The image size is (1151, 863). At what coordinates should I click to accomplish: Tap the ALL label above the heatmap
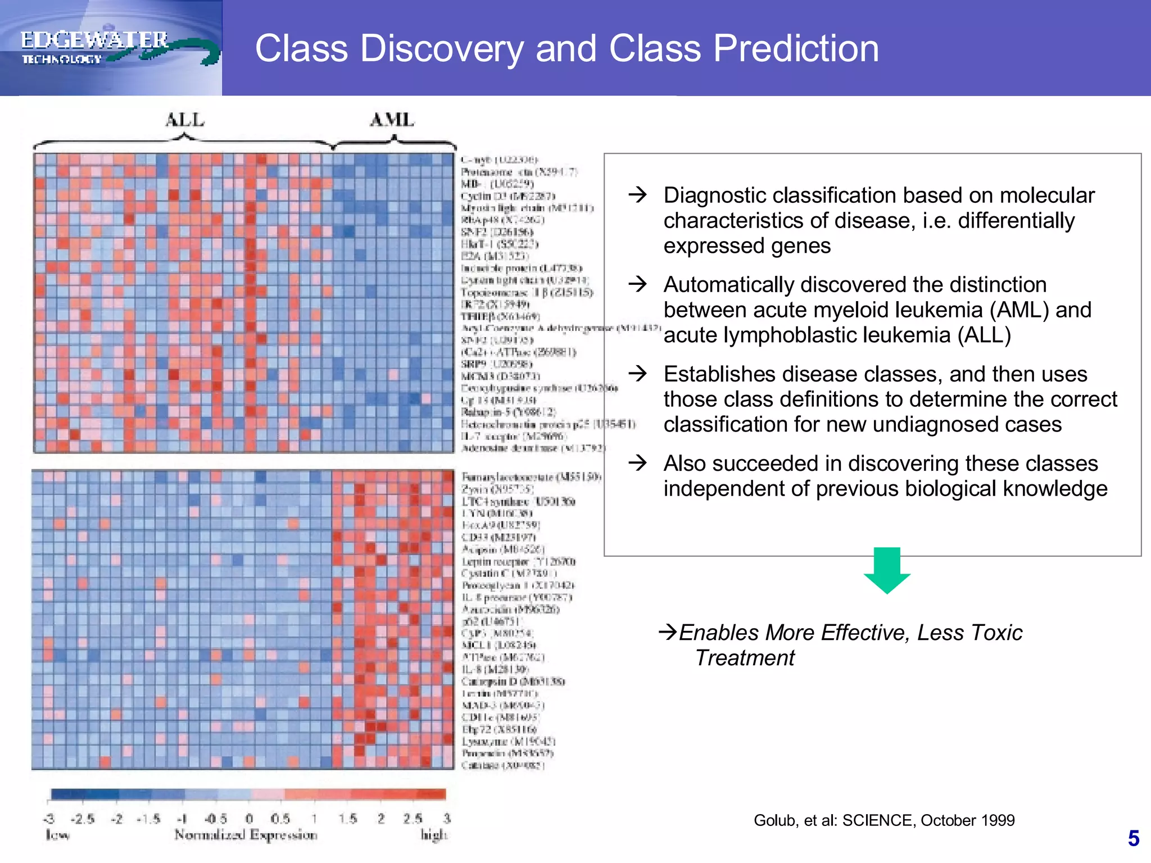tap(185, 120)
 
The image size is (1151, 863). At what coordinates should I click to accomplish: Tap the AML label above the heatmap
tap(392, 120)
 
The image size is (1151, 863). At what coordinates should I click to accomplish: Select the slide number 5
tap(1133, 839)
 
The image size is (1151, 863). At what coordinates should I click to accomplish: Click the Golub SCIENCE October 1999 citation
tap(883, 820)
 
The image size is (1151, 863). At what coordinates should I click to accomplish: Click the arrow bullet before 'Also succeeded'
tap(638, 463)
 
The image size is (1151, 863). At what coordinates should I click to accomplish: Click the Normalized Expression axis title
tap(246, 835)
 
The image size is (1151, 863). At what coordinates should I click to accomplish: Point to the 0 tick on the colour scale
tap(249, 819)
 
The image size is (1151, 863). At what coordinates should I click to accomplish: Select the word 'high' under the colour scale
tap(434, 835)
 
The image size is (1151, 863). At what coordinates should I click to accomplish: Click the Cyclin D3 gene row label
tap(507, 196)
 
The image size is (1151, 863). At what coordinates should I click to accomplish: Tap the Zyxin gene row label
tap(497, 489)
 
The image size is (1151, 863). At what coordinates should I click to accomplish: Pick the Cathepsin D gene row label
tap(513, 682)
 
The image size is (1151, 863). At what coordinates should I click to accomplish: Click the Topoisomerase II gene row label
tap(526, 292)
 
